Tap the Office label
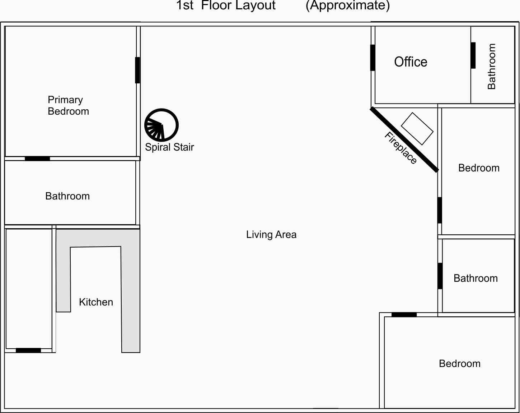pyautogui.click(x=411, y=62)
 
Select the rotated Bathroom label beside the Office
pyautogui.click(x=492, y=66)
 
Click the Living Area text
pyautogui.click(x=271, y=234)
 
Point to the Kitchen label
pyautogui.click(x=96, y=302)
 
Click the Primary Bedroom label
pyautogui.click(x=69, y=106)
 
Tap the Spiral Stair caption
pyautogui.click(x=169, y=147)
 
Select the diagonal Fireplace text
pyautogui.click(x=400, y=148)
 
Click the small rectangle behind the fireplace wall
pyautogui.click(x=417, y=129)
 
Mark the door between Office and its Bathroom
pyautogui.click(x=473, y=55)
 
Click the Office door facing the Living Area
pyautogui.click(x=373, y=58)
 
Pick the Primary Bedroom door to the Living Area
pyautogui.click(x=137, y=70)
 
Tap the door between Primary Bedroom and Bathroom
pyautogui.click(x=37, y=159)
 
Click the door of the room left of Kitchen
pyautogui.click(x=28, y=350)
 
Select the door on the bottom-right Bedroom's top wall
pyautogui.click(x=404, y=315)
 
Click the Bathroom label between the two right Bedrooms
pyautogui.click(x=476, y=278)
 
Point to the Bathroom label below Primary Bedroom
pyautogui.click(x=67, y=196)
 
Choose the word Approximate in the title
pyautogui.click(x=348, y=5)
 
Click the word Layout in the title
pyautogui.click(x=256, y=5)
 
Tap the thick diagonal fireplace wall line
pyautogui.click(x=404, y=140)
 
